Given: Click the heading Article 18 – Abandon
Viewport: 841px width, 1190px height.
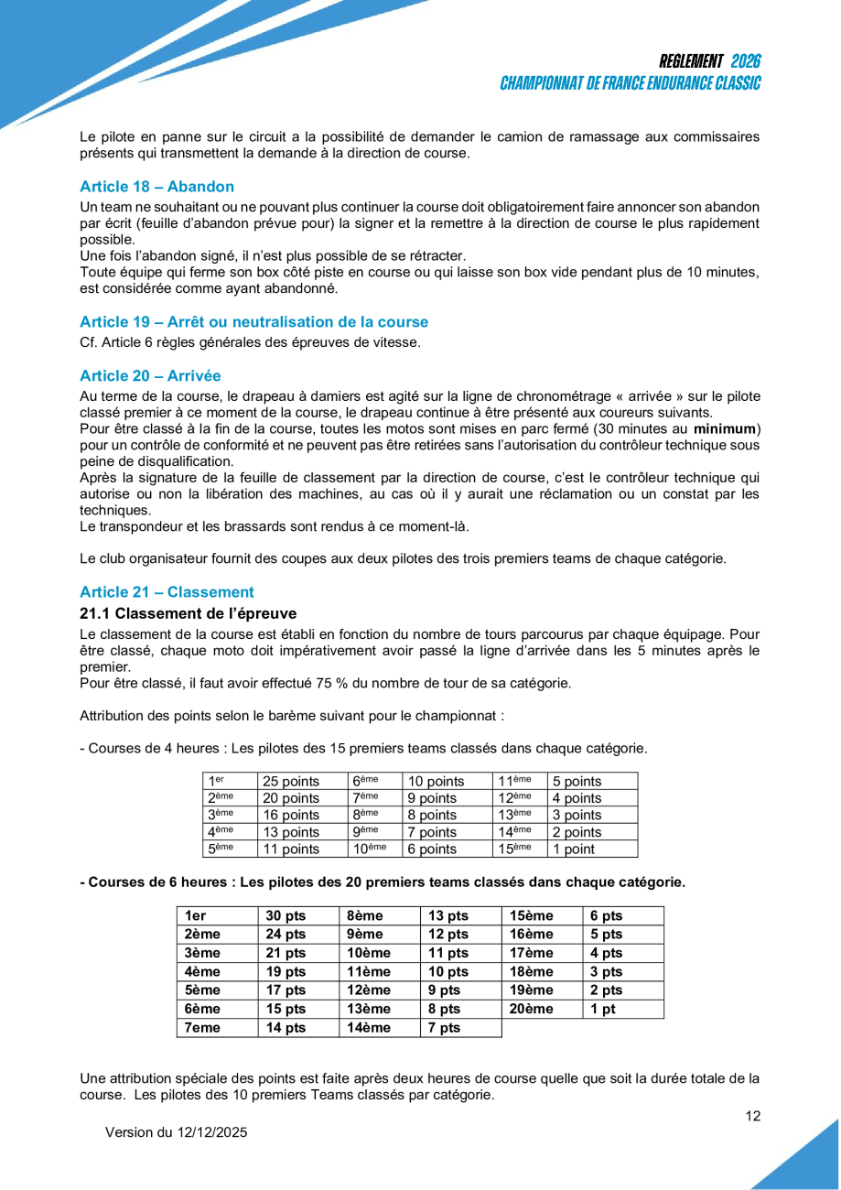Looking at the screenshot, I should click(156, 186).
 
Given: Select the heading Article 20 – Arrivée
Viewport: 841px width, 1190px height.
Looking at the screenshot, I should click(150, 375).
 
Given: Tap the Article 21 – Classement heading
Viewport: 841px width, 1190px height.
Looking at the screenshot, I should click(167, 591).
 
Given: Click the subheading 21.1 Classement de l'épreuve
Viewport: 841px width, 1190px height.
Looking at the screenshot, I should click(188, 612).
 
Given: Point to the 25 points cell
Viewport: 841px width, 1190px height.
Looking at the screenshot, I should click(290, 782).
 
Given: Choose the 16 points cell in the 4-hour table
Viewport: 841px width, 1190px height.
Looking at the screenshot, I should click(290, 816).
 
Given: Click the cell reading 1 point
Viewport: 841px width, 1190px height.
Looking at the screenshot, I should click(574, 849).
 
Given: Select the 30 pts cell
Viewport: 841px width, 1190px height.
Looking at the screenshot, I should click(286, 915).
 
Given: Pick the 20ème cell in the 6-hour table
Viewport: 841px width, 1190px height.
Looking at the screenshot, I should click(532, 1009).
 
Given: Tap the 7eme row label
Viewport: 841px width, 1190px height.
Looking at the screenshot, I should click(202, 1028).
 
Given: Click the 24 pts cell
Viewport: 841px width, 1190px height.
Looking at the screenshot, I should click(286, 935).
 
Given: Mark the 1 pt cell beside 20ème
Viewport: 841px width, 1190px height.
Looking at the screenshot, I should click(602, 1009).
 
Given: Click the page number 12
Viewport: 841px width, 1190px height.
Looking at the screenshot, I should click(753, 1116).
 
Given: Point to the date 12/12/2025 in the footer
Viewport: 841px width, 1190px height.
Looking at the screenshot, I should click(210, 1132).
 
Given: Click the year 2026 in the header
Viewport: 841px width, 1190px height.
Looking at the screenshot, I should click(746, 61).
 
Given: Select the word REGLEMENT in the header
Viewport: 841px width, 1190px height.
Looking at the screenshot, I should click(691, 61).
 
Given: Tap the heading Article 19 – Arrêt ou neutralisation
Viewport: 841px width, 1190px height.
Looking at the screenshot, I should click(253, 321).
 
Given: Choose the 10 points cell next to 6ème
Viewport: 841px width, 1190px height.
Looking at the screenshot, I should click(436, 782).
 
